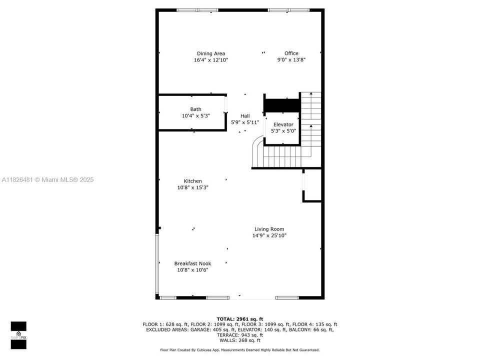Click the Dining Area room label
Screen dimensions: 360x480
pyautogui.click(x=210, y=53)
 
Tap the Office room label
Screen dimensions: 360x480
pyautogui.click(x=291, y=53)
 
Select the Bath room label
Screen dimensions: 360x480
pyautogui.click(x=195, y=109)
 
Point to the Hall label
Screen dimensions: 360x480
pyautogui.click(x=245, y=116)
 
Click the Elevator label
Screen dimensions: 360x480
pyautogui.click(x=283, y=124)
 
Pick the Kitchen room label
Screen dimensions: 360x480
pyautogui.click(x=193, y=181)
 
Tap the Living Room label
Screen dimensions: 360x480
pyautogui.click(x=269, y=229)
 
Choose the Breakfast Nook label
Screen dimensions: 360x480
pyautogui.click(x=192, y=263)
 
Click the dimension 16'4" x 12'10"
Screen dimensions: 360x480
pyautogui.click(x=211, y=60)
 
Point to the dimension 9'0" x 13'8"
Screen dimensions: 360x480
pyautogui.click(x=291, y=60)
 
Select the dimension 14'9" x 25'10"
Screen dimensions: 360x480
pyautogui.click(x=269, y=235)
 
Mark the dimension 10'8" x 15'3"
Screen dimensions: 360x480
pyautogui.click(x=193, y=187)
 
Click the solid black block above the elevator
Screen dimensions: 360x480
pyautogui.click(x=282, y=105)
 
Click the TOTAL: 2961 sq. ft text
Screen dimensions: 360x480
pyautogui.click(x=239, y=319)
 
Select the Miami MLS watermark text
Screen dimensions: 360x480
pyautogui.click(x=48, y=179)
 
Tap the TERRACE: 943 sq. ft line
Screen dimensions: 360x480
pyautogui.click(x=240, y=335)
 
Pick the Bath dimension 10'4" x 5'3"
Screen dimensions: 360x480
pyautogui.click(x=195, y=116)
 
